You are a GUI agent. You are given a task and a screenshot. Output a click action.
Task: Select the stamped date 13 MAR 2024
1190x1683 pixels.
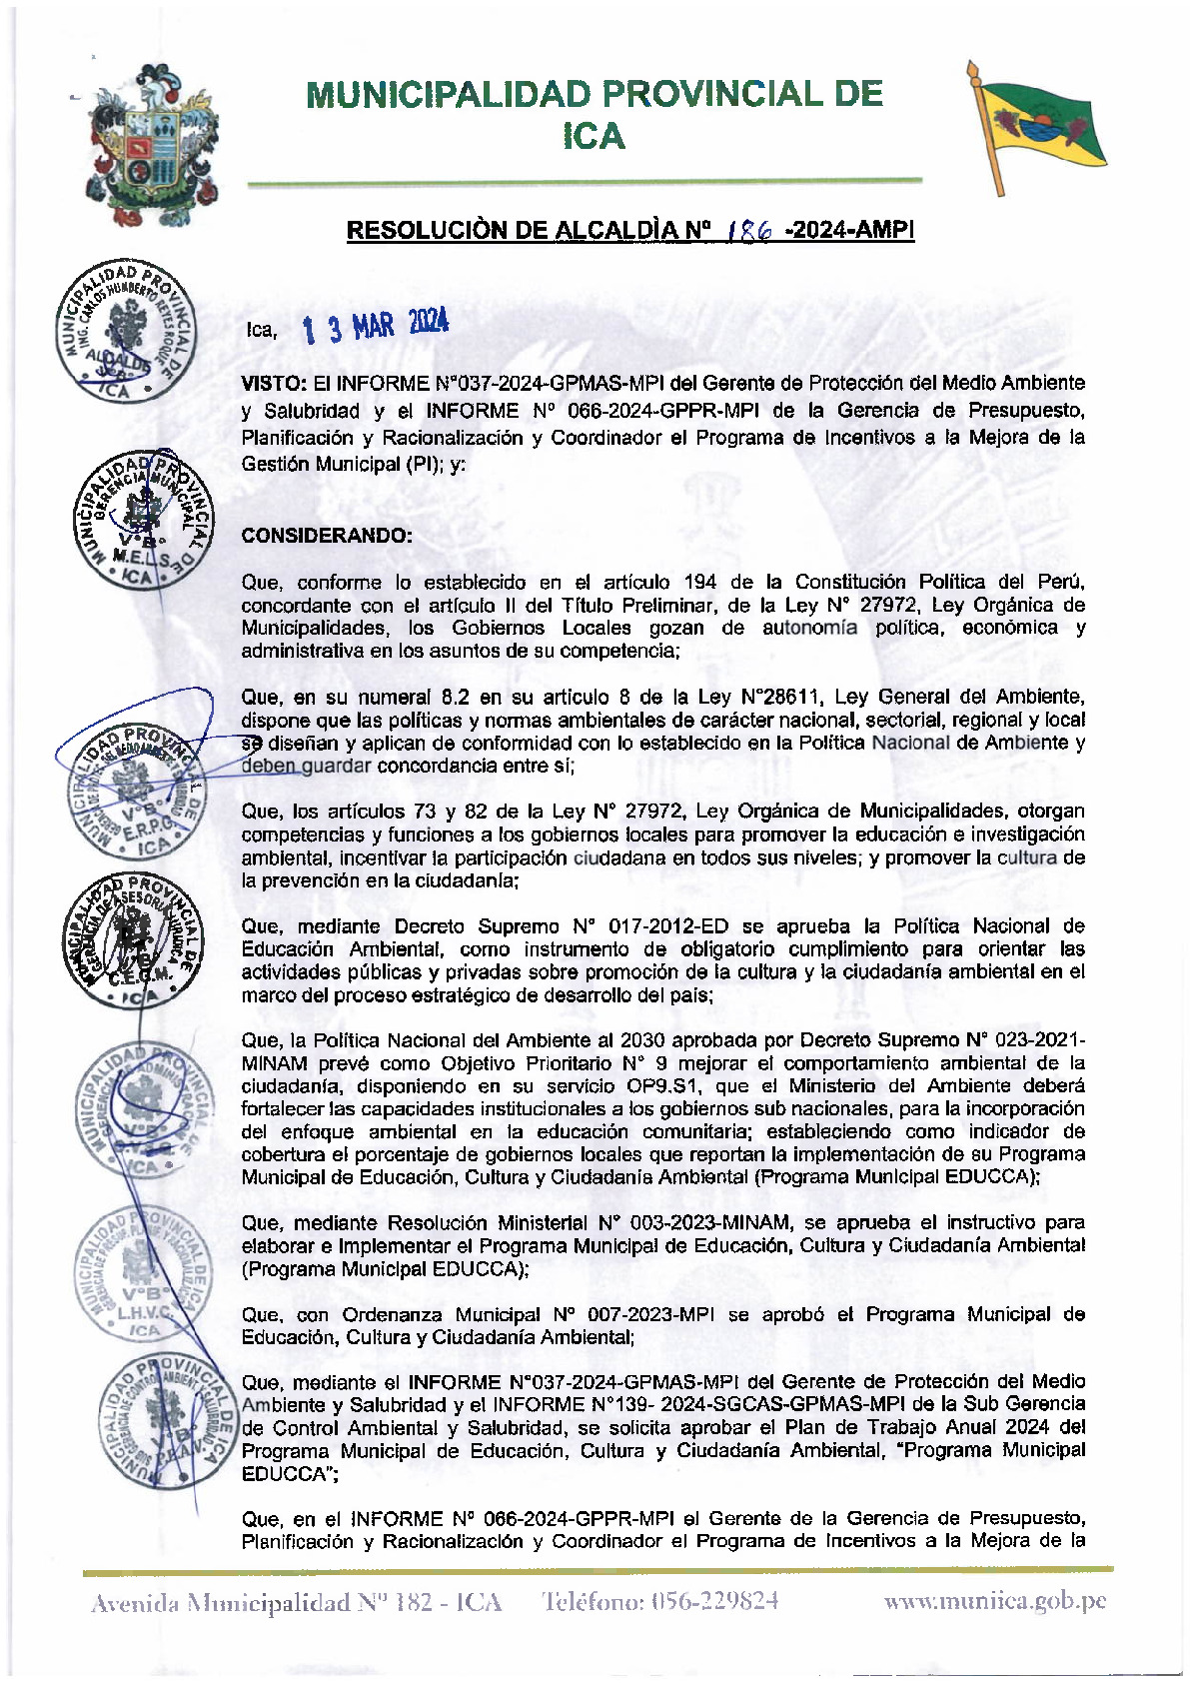(376, 325)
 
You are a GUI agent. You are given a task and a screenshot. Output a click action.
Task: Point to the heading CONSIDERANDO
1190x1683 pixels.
(326, 535)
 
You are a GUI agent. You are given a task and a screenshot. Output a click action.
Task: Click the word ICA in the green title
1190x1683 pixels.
(594, 136)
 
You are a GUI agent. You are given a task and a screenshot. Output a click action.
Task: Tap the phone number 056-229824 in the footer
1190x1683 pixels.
(713, 1601)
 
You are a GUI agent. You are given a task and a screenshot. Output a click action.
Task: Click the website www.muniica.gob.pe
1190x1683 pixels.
(994, 1601)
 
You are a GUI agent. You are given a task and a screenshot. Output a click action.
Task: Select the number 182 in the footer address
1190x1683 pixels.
(413, 1602)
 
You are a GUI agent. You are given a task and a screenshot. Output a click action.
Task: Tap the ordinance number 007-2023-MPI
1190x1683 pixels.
(648, 1314)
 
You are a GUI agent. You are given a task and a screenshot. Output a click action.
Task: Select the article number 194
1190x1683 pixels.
(699, 582)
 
